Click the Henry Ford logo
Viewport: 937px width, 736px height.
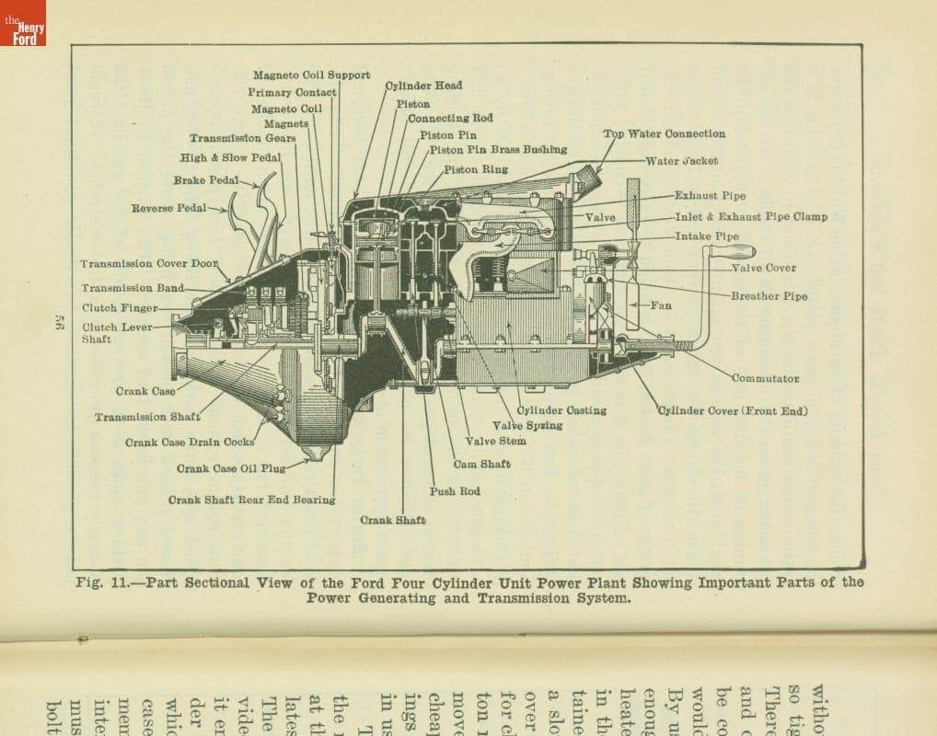(x=22, y=23)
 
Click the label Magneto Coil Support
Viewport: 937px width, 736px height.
(x=311, y=75)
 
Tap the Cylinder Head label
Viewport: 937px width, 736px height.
(x=423, y=86)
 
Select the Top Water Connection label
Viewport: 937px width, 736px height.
(x=664, y=134)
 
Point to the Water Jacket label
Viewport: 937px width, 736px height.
(x=681, y=161)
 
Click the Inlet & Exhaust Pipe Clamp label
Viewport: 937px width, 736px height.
(x=750, y=217)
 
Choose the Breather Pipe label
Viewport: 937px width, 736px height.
(x=769, y=296)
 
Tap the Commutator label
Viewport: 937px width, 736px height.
(x=765, y=378)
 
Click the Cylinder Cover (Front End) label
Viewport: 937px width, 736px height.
(x=732, y=411)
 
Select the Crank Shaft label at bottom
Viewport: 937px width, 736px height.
(x=392, y=521)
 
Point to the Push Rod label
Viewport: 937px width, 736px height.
(x=455, y=491)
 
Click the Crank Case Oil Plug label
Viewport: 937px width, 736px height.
(x=231, y=469)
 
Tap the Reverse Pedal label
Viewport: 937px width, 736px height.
(x=168, y=208)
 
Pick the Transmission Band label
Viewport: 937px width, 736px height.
(x=133, y=288)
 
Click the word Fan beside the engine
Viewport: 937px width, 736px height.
(x=661, y=305)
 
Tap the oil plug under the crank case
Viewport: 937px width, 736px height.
(x=316, y=453)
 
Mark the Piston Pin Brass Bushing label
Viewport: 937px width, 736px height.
(x=498, y=149)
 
